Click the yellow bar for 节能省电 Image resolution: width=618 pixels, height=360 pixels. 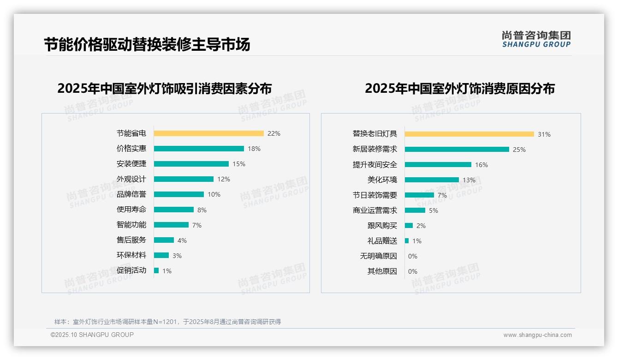pos(208,133)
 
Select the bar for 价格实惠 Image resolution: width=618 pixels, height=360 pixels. pos(199,149)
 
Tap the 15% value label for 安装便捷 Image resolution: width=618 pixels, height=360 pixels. pos(239,164)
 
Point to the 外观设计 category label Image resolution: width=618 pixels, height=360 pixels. pos(131,179)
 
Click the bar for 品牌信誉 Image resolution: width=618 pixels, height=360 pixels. pos(178,194)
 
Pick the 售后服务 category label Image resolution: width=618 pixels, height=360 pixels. pos(131,240)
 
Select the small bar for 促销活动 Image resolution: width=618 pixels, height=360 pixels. pos(156,270)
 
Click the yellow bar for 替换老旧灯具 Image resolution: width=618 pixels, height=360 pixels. pos(469,134)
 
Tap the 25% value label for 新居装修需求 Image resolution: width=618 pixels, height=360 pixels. pos(519,150)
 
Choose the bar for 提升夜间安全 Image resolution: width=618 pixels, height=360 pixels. pos(438,165)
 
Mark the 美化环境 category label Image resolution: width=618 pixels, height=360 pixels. pos(382,180)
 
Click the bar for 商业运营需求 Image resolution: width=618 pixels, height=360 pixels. pos(415,210)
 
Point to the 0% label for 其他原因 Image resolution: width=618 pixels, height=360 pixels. pos(413,271)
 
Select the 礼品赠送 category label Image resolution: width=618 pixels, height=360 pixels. pos(382,241)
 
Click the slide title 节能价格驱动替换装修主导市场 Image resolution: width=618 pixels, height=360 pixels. pos(147,45)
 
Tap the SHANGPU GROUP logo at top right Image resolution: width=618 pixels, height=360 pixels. pos(536,39)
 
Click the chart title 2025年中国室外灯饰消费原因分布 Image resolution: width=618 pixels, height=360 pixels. pos(460,89)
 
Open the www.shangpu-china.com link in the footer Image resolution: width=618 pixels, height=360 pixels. pos(537,335)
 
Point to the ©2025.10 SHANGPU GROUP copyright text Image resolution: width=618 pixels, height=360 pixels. pos(92,335)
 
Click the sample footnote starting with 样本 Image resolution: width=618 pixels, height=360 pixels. pos(167,322)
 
